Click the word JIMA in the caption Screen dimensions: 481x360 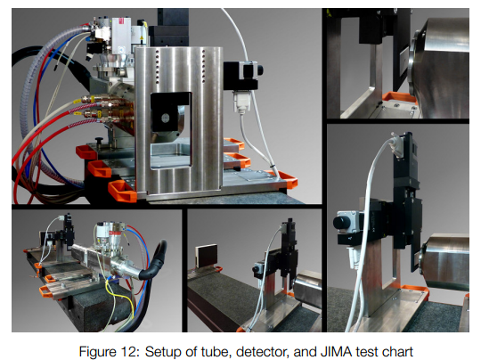[336, 352]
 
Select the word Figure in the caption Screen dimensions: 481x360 [98, 352]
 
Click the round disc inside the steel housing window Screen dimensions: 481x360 [165, 118]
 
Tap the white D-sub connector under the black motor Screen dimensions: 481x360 [242, 102]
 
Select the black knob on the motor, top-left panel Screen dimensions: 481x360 [259, 70]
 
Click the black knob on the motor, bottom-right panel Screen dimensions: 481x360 [340, 223]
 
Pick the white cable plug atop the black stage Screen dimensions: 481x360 [397, 143]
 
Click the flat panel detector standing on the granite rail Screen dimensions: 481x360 [206, 256]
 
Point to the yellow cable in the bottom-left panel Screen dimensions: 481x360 [120, 297]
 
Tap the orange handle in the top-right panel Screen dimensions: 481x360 [398, 97]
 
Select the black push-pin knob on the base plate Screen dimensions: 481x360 [100, 141]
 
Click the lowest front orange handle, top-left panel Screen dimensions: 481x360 [123, 191]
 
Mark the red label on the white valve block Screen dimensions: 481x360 [121, 21]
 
